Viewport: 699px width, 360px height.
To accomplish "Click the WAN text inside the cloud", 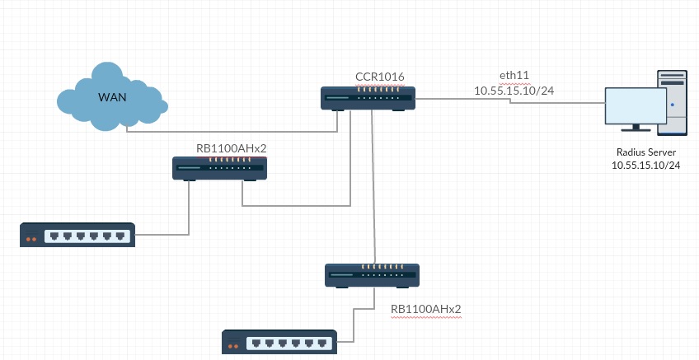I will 111,98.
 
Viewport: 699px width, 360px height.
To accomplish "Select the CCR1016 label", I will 379,77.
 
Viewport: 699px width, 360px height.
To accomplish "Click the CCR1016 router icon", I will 368,99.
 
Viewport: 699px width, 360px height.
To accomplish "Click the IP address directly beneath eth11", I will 514,90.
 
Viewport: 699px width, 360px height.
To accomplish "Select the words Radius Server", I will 647,152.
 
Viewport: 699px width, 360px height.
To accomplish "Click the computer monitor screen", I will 635,106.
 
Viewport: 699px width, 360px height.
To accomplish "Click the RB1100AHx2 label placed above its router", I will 231,148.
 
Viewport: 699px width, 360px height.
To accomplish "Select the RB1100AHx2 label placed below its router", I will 425,310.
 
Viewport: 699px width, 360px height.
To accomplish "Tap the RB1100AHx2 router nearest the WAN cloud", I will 219,168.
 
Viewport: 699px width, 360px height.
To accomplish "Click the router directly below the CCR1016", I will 372,274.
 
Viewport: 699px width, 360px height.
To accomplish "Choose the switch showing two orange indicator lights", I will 77,236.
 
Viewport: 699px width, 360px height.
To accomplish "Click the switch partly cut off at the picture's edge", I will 279,342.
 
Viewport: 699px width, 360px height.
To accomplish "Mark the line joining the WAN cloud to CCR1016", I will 231,130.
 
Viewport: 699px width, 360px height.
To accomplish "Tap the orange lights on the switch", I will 32,240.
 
